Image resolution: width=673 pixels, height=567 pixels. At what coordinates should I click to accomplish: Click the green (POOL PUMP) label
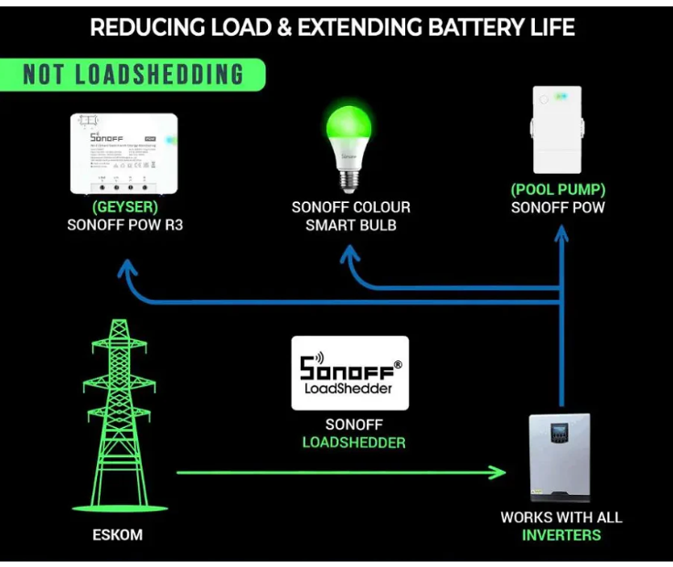click(558, 190)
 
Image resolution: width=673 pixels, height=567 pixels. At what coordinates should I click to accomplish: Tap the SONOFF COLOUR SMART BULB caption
click(351, 216)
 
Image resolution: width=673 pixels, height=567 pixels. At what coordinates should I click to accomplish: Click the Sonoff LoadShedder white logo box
click(350, 373)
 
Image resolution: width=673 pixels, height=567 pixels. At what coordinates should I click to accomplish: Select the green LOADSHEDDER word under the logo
click(354, 443)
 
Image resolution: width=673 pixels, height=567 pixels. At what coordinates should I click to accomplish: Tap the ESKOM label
click(118, 534)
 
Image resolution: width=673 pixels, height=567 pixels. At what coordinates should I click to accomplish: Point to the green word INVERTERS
click(561, 535)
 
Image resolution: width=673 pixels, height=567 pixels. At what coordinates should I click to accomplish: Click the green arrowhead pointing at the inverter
click(497, 473)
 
